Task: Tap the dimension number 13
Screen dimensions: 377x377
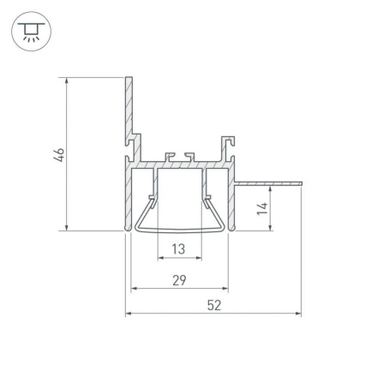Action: tap(179, 248)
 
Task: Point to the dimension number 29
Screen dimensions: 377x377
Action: tap(179, 279)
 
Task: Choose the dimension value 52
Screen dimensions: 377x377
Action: tap(214, 306)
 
